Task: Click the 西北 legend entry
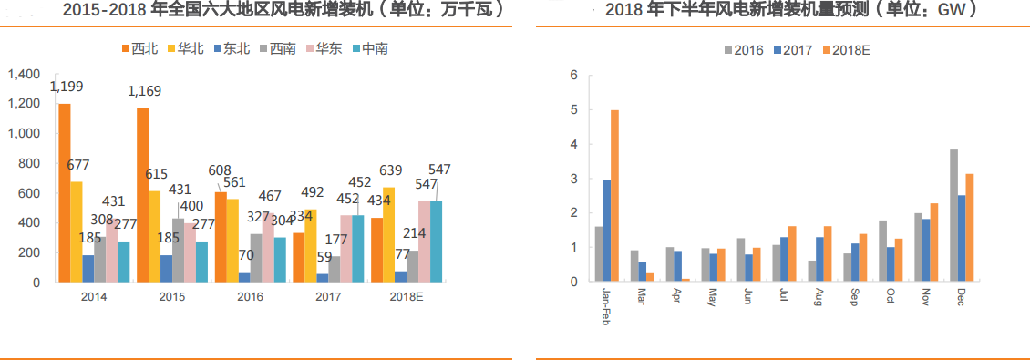[x=138, y=47]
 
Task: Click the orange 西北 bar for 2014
[x=64, y=193]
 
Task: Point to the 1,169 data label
[x=144, y=91]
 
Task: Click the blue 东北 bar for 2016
[x=245, y=277]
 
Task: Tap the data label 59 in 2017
[x=323, y=258]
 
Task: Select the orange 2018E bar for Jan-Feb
[x=614, y=196]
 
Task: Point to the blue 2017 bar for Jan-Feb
[x=606, y=231]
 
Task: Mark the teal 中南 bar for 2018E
[x=436, y=242]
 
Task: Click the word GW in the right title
[x=953, y=10]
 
